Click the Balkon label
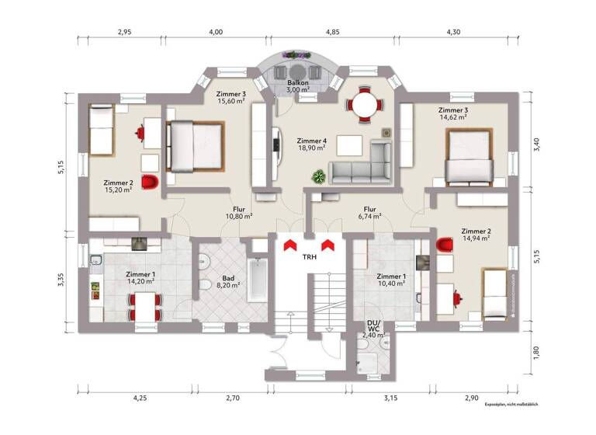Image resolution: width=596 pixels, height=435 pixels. tap(299, 82)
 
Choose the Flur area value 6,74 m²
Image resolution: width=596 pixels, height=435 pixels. tap(369, 218)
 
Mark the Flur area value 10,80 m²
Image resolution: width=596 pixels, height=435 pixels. tap(239, 217)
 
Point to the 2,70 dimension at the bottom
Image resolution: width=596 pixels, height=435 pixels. tap(232, 398)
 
